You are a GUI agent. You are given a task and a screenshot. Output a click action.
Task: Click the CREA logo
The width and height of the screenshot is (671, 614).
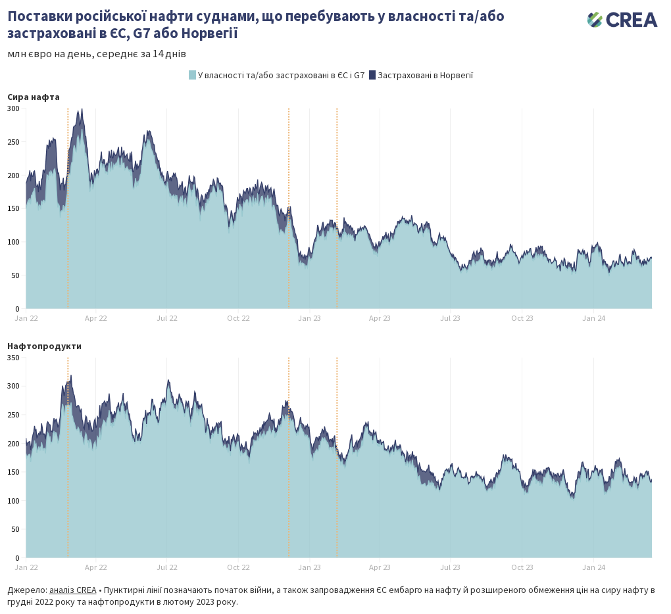coord(622,20)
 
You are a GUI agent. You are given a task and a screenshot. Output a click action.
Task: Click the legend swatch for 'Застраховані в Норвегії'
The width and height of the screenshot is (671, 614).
coord(372,75)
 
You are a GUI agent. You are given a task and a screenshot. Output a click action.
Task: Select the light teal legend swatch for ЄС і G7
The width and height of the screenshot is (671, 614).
coord(192,75)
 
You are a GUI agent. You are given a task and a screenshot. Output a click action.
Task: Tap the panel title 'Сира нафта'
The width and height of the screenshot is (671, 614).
coord(34,97)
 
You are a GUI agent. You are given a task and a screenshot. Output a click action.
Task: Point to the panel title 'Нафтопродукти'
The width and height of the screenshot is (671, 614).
coord(44,346)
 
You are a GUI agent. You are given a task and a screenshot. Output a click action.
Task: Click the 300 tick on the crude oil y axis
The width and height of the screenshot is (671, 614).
coord(14,108)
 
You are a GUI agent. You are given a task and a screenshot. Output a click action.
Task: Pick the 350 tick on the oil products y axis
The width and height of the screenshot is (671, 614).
coord(14,358)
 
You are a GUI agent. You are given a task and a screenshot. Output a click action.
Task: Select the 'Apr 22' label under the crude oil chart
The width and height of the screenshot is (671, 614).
coord(96,318)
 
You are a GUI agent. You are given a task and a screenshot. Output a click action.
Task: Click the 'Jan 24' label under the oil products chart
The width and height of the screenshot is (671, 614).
coord(594,567)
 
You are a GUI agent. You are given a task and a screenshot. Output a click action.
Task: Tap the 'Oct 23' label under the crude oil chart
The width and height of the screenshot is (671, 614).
coord(522,318)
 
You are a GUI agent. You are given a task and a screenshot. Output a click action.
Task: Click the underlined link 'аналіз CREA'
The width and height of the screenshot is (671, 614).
coord(72,590)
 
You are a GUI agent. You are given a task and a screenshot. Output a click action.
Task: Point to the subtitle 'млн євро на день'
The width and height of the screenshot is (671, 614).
coord(50,54)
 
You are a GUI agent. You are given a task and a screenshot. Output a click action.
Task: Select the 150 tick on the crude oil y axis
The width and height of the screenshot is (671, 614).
coord(14,208)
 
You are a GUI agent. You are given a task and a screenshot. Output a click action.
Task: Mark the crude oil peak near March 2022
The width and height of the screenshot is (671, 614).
coord(80,111)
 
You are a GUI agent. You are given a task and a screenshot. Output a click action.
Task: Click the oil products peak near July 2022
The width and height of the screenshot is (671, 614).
coord(168,381)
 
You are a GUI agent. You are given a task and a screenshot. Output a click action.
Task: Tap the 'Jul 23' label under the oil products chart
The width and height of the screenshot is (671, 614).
coord(450,567)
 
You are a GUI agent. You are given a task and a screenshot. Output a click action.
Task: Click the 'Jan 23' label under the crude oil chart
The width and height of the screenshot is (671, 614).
coord(309,318)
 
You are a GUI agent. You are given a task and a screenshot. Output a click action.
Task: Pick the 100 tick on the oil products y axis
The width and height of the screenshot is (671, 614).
coord(14,501)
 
